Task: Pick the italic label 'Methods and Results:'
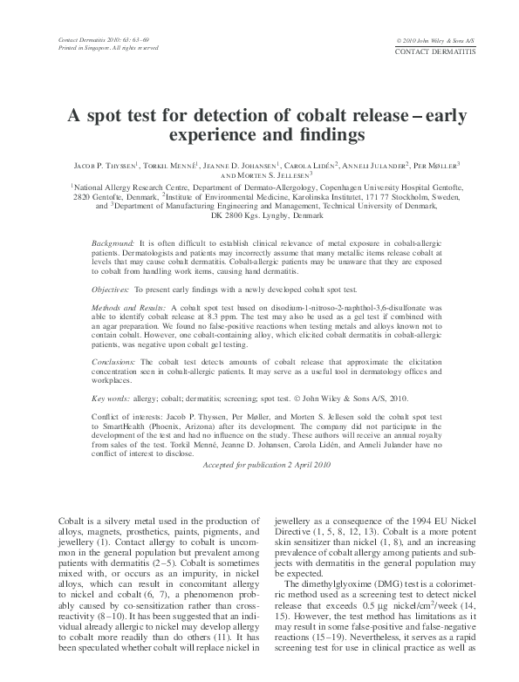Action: [x=128, y=310]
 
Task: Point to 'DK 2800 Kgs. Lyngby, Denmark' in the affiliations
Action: [x=259, y=214]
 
